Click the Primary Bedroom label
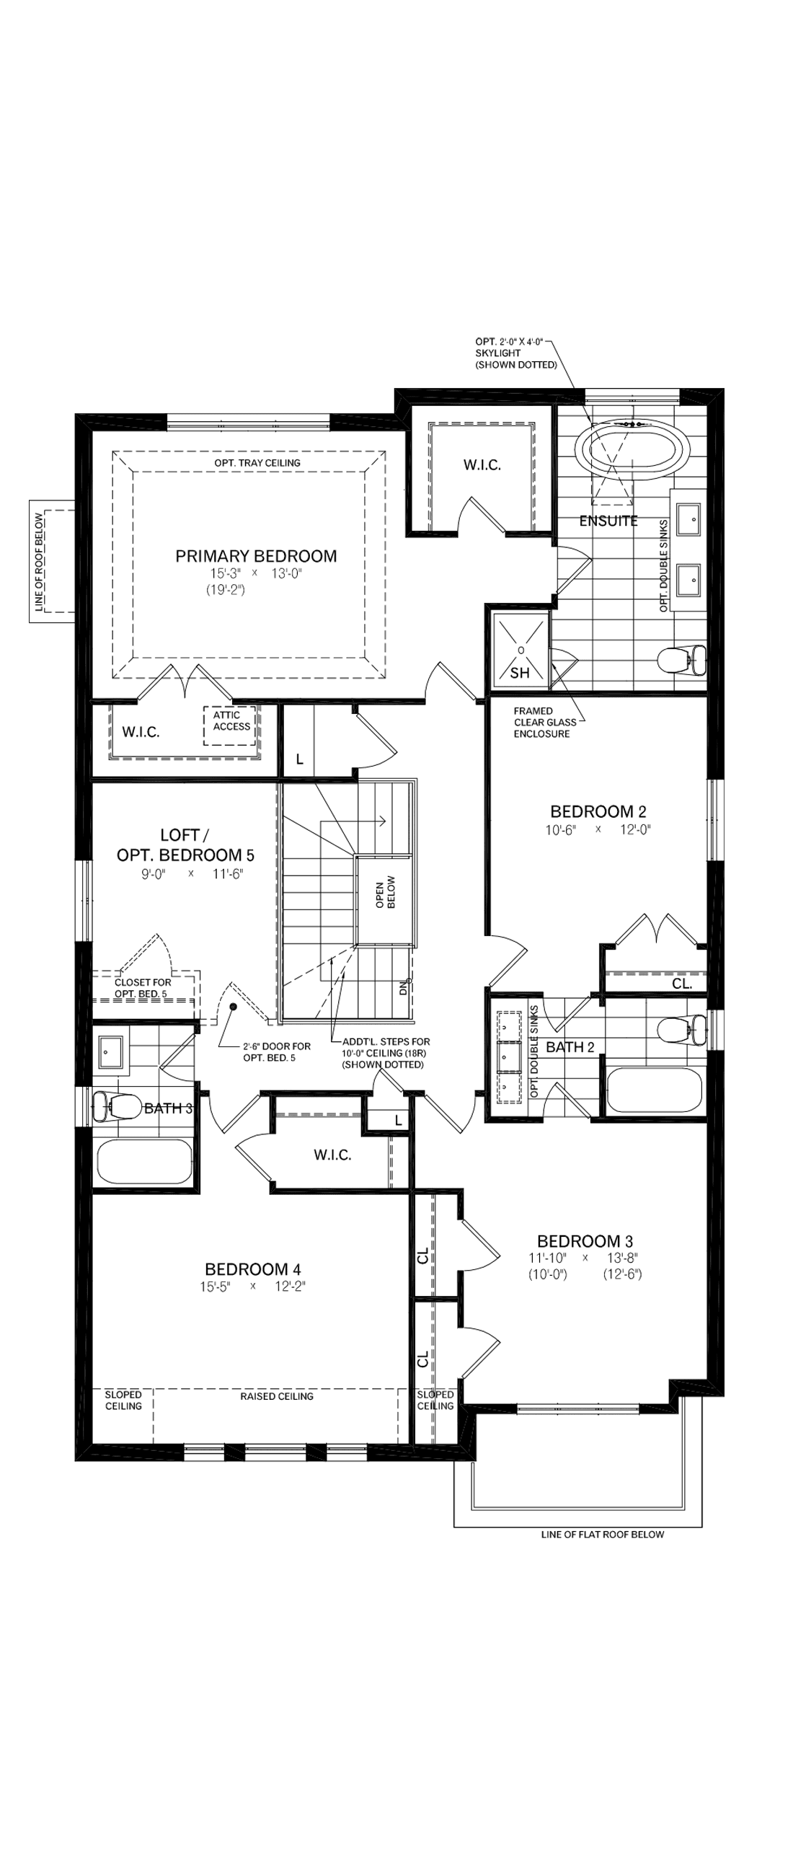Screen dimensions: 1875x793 [256, 556]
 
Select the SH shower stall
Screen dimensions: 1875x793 [520, 650]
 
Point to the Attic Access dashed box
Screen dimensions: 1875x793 [231, 724]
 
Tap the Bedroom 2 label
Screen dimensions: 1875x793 [598, 811]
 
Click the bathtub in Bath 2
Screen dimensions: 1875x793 [653, 1090]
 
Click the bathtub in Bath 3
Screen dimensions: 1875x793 [143, 1162]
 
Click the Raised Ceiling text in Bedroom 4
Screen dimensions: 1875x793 [276, 1396]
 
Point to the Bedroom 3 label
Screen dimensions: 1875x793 [585, 1241]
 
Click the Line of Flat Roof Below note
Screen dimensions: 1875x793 [603, 1535]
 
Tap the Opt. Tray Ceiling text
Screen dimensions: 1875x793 [257, 463]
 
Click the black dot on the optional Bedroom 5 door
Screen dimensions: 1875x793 [234, 1007]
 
